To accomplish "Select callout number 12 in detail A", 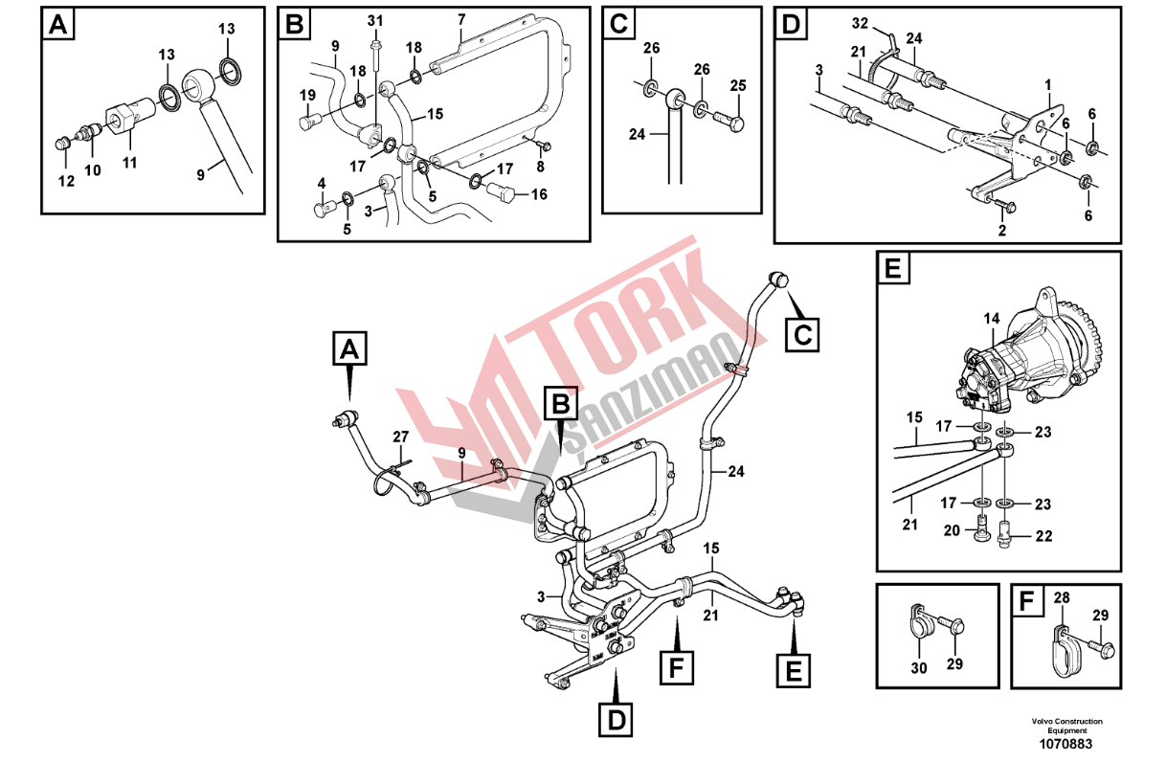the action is [x=66, y=181].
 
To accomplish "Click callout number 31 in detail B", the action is [x=375, y=21].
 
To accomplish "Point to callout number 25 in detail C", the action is [x=738, y=85].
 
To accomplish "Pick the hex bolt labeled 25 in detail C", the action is [x=729, y=121].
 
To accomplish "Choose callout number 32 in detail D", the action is [x=860, y=23].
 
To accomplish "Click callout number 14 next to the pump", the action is [x=992, y=319].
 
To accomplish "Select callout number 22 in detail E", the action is [x=1043, y=536].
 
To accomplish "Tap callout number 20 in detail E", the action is [x=952, y=530].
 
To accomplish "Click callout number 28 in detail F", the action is [x=1062, y=598].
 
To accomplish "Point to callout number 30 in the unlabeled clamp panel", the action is [x=919, y=668].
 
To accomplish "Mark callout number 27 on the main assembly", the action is [x=400, y=437].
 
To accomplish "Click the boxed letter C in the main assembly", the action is [x=801, y=335].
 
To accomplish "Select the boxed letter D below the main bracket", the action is [x=616, y=721].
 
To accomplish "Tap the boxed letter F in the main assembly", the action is [x=676, y=667].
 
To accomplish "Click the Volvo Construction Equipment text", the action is [x=1067, y=726].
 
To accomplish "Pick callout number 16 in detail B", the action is [x=539, y=194].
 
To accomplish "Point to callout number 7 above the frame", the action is [x=461, y=20].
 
